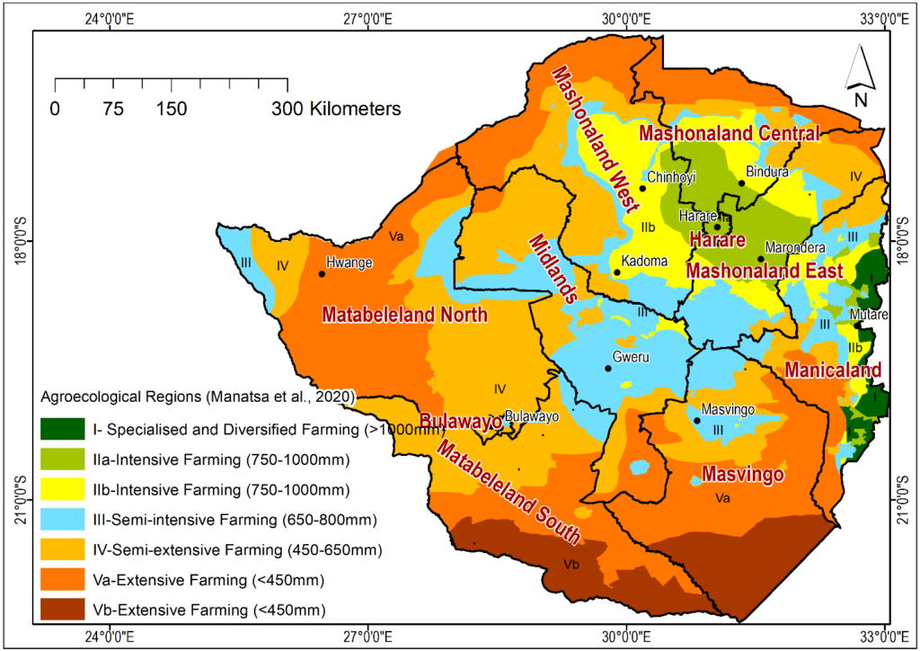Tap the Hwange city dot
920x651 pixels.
click(322, 273)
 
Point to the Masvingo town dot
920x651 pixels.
click(697, 420)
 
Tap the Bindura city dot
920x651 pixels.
click(742, 183)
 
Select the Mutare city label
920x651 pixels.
click(868, 315)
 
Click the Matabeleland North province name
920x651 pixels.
click(404, 315)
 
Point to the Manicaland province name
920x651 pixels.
click(832, 370)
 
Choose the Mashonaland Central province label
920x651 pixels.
click(729, 134)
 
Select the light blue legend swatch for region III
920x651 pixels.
click(63, 519)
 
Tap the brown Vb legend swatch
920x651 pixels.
click(63, 611)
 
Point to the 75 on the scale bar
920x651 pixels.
click(113, 109)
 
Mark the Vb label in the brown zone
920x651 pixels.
click(571, 565)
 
